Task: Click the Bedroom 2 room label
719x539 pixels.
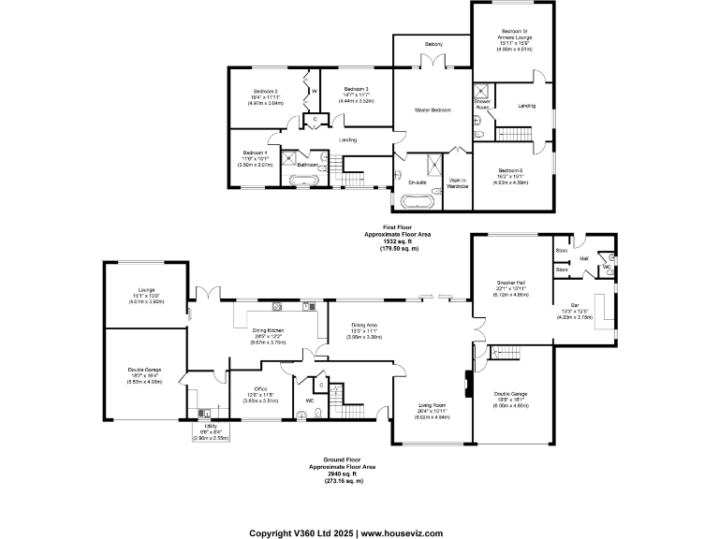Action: pyautogui.click(x=264, y=92)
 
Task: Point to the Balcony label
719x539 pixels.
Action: pyautogui.click(x=433, y=44)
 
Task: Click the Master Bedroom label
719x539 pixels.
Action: pyautogui.click(x=433, y=110)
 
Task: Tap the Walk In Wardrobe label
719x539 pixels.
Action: pyautogui.click(x=458, y=182)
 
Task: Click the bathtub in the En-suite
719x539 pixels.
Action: pyautogui.click(x=418, y=200)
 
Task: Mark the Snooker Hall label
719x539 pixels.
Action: pyautogui.click(x=512, y=283)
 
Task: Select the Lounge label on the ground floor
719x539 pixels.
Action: pyautogui.click(x=145, y=290)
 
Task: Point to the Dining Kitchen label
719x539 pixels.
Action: pyautogui.click(x=268, y=330)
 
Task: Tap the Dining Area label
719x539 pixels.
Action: pyautogui.click(x=364, y=324)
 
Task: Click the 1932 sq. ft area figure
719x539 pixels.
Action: pyautogui.click(x=398, y=241)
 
